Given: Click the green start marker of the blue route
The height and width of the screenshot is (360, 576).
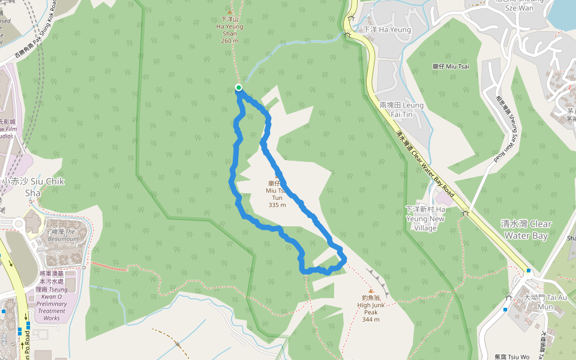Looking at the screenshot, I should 239,88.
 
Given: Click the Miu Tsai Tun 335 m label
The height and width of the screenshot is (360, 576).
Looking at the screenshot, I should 277,193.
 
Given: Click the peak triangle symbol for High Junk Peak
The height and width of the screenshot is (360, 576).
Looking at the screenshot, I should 371,291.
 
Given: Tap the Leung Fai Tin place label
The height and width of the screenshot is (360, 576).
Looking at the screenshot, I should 401,109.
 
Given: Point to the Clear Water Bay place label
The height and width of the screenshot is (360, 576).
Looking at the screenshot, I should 526,229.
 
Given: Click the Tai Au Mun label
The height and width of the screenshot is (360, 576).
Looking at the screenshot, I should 538,302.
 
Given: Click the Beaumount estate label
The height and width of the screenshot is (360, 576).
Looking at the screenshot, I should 64,235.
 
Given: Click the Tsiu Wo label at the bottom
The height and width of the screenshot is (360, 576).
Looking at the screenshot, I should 512,356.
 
